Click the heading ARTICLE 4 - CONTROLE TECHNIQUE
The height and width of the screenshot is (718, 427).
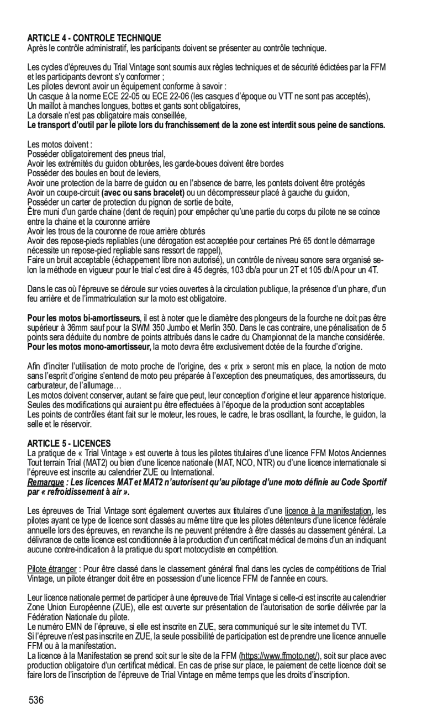(x=94, y=38)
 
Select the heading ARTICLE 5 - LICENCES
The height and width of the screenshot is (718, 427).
(x=69, y=444)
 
